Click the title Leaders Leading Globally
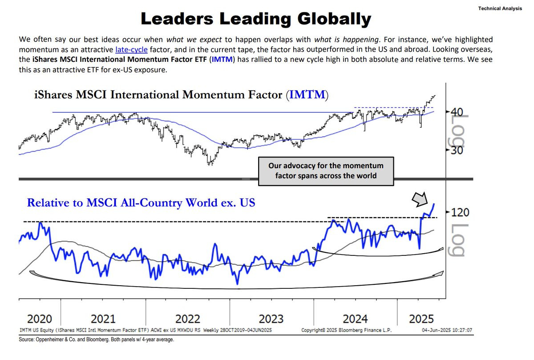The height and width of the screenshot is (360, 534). (x=255, y=19)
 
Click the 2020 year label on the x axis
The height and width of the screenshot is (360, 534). (x=40, y=319)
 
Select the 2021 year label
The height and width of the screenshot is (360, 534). (x=103, y=319)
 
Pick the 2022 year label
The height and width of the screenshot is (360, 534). (x=187, y=319)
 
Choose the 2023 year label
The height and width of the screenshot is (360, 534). (x=271, y=319)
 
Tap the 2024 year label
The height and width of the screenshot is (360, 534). (x=355, y=319)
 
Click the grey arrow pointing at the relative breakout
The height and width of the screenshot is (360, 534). (x=419, y=200)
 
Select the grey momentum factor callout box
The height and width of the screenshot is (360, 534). (x=326, y=170)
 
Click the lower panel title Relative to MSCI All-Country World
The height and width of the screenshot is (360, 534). (x=141, y=202)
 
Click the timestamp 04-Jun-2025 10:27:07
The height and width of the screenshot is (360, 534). (x=449, y=330)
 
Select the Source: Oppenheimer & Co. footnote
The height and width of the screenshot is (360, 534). (x=96, y=340)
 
